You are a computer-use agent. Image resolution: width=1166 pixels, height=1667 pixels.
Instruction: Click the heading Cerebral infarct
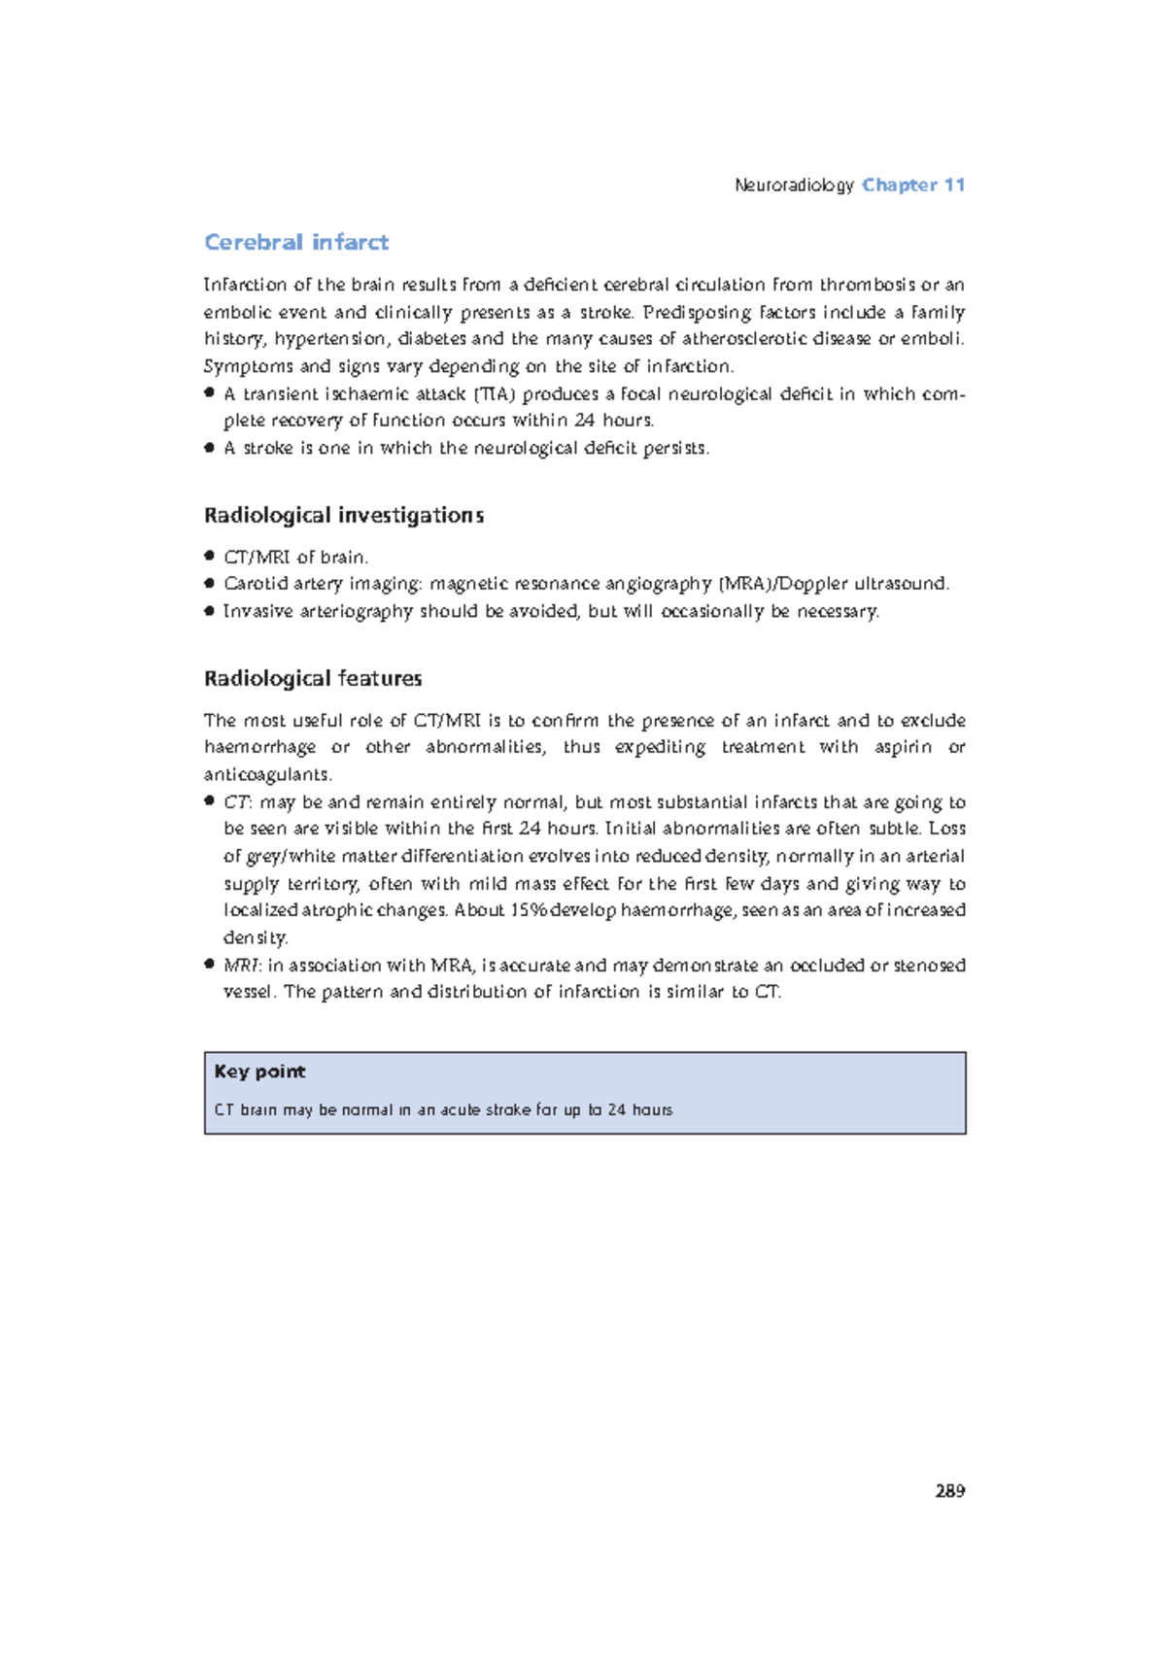coord(295,242)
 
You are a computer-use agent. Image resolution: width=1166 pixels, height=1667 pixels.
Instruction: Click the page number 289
coord(949,1491)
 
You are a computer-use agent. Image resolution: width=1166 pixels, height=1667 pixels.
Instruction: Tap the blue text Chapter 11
coord(912,185)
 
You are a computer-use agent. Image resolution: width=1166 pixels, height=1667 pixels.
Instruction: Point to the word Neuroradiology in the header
coord(794,185)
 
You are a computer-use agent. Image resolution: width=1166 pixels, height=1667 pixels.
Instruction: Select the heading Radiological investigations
coord(343,515)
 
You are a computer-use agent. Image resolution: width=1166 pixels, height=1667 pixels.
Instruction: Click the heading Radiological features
coord(312,678)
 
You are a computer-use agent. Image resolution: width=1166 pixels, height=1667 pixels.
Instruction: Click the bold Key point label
coord(259,1072)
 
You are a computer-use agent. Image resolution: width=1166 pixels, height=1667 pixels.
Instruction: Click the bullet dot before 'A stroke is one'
coord(209,448)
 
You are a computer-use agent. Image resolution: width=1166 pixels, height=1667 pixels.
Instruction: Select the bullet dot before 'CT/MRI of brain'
coord(209,557)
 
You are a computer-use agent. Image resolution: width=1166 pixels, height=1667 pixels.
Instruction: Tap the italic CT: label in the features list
coord(237,802)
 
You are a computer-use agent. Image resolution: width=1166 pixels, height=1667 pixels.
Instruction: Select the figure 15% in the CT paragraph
coord(529,910)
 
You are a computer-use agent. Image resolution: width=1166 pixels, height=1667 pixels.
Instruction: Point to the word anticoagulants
coord(267,774)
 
